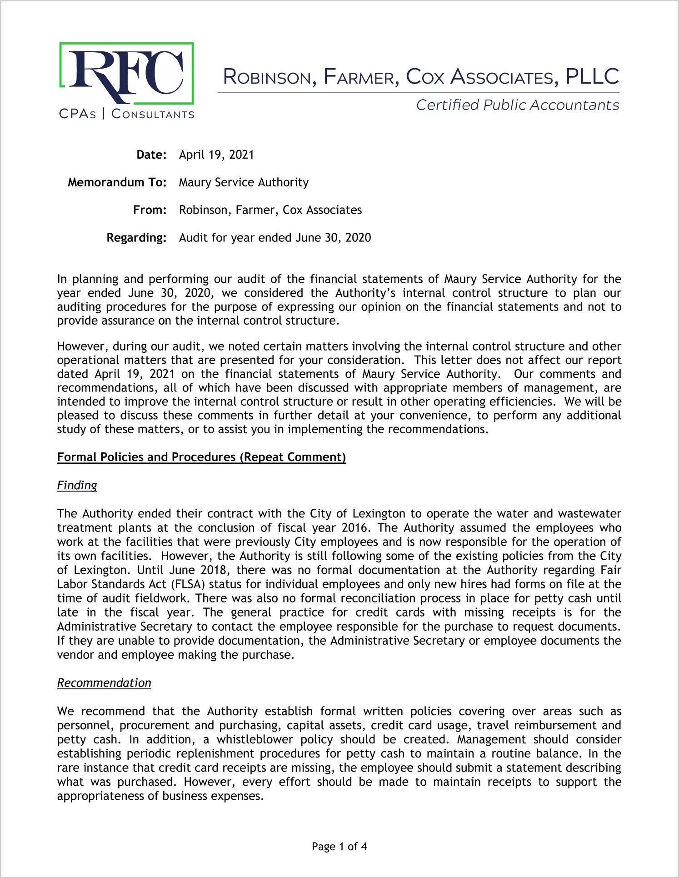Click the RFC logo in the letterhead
[x=126, y=74]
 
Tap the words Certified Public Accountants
[x=517, y=105]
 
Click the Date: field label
[x=151, y=155]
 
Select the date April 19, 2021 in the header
[x=216, y=155]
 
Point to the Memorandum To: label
[x=117, y=182]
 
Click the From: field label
[x=150, y=210]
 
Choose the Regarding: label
[x=136, y=238]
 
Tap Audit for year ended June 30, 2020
[x=275, y=238]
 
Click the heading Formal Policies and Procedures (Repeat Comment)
[x=201, y=457]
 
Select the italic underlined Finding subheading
[x=77, y=486]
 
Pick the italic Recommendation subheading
[x=104, y=683]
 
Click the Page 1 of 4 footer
[x=339, y=847]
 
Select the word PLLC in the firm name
[x=592, y=77]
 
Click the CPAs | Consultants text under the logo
[x=126, y=114]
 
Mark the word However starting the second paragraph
[x=81, y=346]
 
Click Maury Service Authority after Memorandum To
[x=244, y=182]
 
